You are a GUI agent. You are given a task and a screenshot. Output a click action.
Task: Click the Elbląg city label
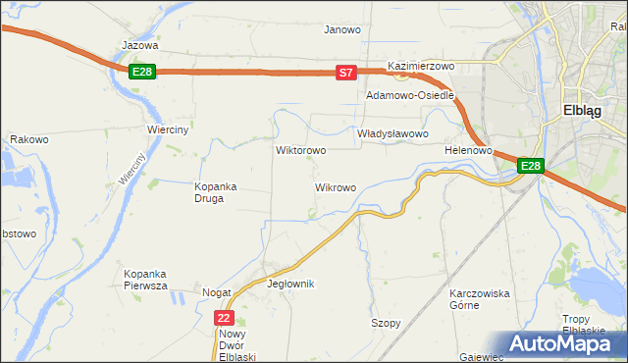click(x=588, y=110)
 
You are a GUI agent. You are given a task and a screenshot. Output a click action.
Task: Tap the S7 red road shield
click(x=345, y=73)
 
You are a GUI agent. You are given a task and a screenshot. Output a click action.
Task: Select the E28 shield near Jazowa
click(x=142, y=72)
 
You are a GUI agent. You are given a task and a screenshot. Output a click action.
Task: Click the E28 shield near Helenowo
click(x=530, y=166)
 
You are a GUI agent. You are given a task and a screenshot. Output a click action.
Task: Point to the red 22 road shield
click(x=225, y=318)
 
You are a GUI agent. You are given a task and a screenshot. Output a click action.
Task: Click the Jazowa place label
click(x=139, y=45)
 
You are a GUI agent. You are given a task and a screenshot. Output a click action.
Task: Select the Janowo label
click(x=342, y=29)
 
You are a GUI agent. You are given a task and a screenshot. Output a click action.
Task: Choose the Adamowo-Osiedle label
click(x=409, y=96)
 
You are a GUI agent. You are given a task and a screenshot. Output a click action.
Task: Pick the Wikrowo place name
click(x=335, y=186)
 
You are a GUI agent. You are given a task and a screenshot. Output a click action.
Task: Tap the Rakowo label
click(x=29, y=139)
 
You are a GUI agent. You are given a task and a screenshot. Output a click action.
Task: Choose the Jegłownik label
click(x=290, y=284)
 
